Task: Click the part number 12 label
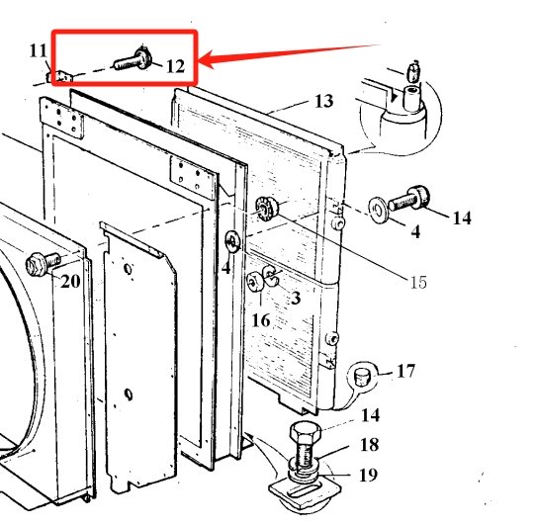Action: pyautogui.click(x=176, y=66)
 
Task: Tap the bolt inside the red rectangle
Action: pyautogui.click(x=134, y=59)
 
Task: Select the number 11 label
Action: pyautogui.click(x=38, y=50)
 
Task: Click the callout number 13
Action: pyautogui.click(x=323, y=101)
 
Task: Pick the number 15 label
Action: pyautogui.click(x=418, y=282)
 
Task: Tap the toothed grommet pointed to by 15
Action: pyautogui.click(x=267, y=208)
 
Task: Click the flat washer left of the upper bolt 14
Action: pyautogui.click(x=378, y=209)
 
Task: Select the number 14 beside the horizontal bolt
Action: pyautogui.click(x=462, y=218)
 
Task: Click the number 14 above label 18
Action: pyautogui.click(x=370, y=415)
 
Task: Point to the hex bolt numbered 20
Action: pyautogui.click(x=43, y=263)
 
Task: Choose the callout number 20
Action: pyautogui.click(x=70, y=282)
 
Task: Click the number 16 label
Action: pyautogui.click(x=261, y=320)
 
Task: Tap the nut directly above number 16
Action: pyautogui.click(x=254, y=282)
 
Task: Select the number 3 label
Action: pyautogui.click(x=296, y=298)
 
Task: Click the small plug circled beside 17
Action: pyautogui.click(x=361, y=377)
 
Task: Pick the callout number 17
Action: pyautogui.click(x=405, y=371)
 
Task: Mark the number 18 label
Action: pyautogui.click(x=369, y=445)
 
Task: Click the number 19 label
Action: pyautogui.click(x=368, y=475)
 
